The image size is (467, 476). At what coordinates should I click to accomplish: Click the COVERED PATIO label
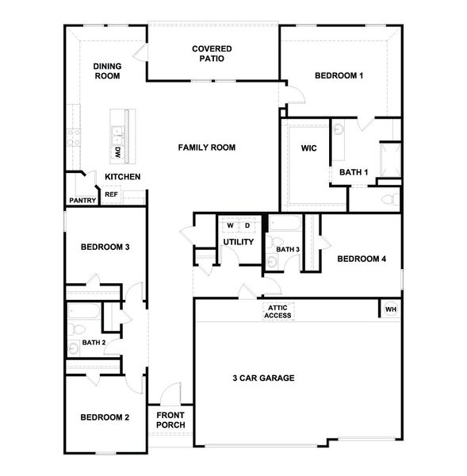click(212, 54)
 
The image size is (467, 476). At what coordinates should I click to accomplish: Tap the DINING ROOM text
click(107, 71)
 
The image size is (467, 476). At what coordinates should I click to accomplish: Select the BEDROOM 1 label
click(339, 76)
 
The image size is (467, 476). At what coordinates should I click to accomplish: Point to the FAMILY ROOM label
click(206, 148)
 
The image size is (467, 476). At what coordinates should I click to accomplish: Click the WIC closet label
click(308, 148)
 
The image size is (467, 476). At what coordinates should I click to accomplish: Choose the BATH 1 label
click(354, 172)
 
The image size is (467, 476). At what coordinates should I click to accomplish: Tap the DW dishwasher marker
click(117, 151)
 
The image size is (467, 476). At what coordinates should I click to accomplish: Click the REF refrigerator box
click(111, 194)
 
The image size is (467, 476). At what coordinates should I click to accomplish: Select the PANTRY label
click(82, 201)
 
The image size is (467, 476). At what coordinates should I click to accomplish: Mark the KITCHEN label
click(123, 176)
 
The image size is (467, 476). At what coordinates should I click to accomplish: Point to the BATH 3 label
click(288, 250)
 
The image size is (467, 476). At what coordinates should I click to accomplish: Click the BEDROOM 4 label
click(362, 259)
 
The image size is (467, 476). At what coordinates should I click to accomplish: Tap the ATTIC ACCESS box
click(278, 313)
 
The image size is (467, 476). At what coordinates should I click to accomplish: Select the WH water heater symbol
click(390, 309)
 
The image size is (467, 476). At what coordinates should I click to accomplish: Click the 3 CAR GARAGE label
click(263, 378)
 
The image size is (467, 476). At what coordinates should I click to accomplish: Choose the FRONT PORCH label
click(170, 420)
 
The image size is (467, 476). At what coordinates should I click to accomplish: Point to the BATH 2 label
click(94, 343)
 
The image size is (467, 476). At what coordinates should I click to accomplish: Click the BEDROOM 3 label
click(105, 247)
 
